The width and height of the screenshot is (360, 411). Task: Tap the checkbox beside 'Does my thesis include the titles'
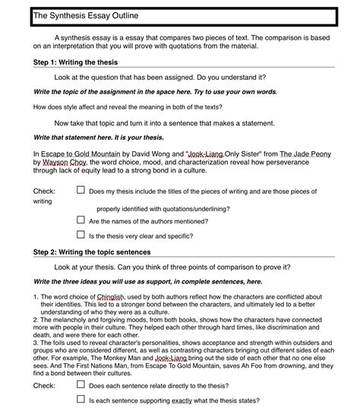(81, 191)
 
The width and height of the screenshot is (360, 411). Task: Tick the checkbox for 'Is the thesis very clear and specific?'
(81, 236)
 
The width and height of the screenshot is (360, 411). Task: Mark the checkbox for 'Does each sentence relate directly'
(81, 385)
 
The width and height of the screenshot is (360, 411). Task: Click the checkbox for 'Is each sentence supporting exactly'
(81, 400)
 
